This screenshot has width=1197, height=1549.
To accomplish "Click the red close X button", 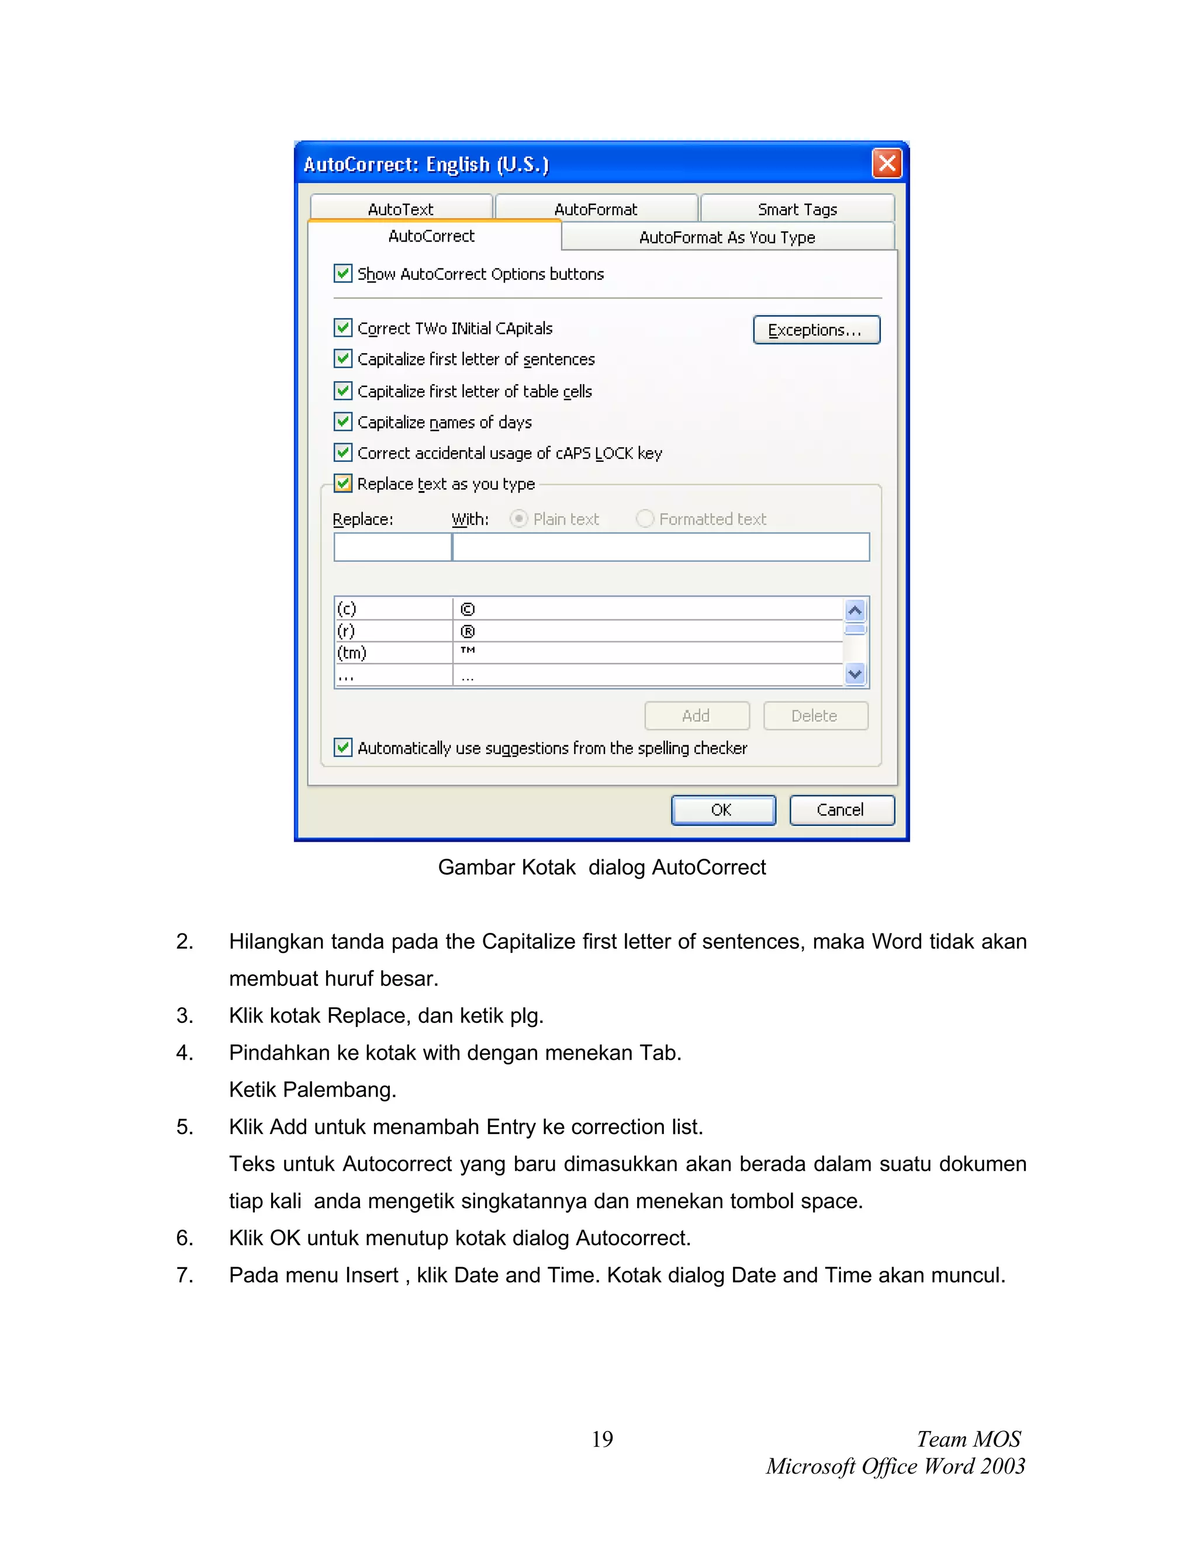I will (x=887, y=163).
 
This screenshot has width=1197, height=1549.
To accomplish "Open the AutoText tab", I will (x=400, y=209).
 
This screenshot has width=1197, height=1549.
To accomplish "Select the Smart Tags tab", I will (x=797, y=209).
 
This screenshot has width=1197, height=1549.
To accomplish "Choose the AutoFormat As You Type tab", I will (x=727, y=237).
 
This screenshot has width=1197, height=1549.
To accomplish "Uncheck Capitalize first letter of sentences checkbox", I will (x=343, y=359).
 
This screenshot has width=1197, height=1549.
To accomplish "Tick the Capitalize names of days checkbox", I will (x=343, y=422).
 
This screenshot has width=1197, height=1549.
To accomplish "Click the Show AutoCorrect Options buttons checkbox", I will (x=343, y=274).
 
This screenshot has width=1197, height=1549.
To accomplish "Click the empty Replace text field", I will (x=392, y=547).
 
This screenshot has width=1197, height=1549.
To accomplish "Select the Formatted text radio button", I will (x=645, y=518).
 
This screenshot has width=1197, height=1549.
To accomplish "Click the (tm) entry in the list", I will (x=352, y=652).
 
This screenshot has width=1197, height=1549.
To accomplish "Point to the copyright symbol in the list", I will (x=468, y=609).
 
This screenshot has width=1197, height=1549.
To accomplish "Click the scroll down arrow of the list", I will (x=855, y=674).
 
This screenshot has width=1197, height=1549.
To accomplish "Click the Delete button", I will (x=815, y=715).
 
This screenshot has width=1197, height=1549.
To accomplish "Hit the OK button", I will (x=722, y=810).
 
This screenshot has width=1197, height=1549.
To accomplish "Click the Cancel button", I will (x=841, y=810).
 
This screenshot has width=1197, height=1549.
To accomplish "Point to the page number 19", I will (x=602, y=1439).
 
